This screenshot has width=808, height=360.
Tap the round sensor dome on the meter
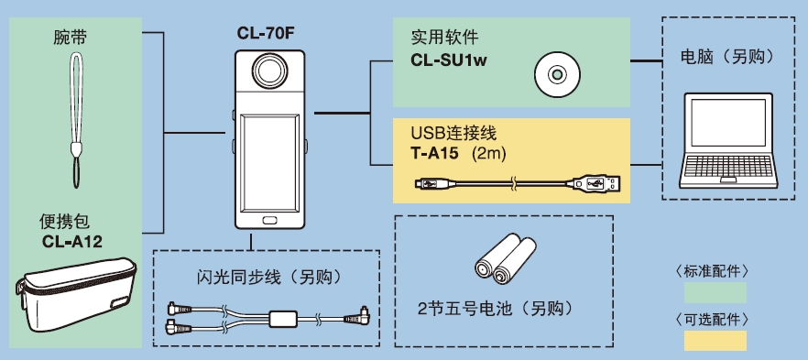[269, 71]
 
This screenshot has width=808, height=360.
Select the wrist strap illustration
[76, 120]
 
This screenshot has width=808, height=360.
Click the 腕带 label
[70, 38]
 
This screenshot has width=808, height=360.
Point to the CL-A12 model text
[72, 242]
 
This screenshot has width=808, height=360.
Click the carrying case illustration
[76, 295]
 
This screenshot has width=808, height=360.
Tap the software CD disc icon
[556, 75]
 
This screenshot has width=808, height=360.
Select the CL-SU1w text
[449, 60]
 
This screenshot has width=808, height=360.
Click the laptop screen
[728, 123]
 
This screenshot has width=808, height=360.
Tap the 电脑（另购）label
[728, 58]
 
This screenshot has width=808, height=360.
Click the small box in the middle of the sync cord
[283, 318]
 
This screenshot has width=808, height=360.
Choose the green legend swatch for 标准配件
[715, 292]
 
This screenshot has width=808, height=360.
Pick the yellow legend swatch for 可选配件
[715, 341]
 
